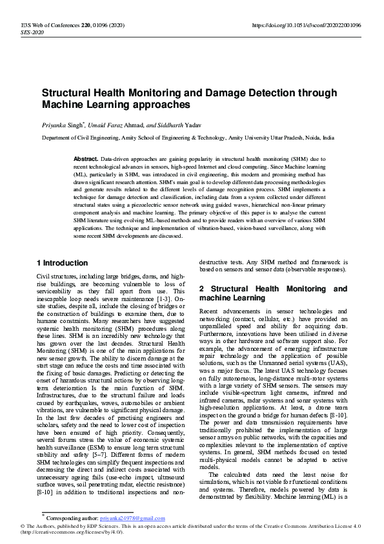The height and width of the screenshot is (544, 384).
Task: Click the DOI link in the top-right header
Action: (x=306, y=25)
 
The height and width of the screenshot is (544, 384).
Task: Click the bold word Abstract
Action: (x=86, y=158)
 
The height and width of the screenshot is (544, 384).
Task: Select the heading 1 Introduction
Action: (x=63, y=263)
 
